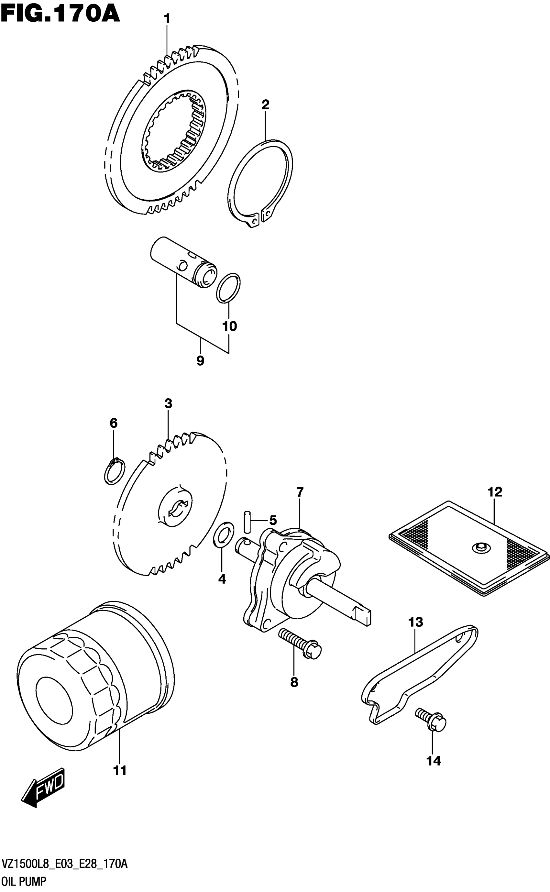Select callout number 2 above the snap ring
tap(266, 105)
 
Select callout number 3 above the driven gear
tap(168, 404)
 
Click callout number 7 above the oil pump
tap(299, 492)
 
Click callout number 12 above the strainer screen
tap(495, 492)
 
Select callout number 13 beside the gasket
tap(415, 622)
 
